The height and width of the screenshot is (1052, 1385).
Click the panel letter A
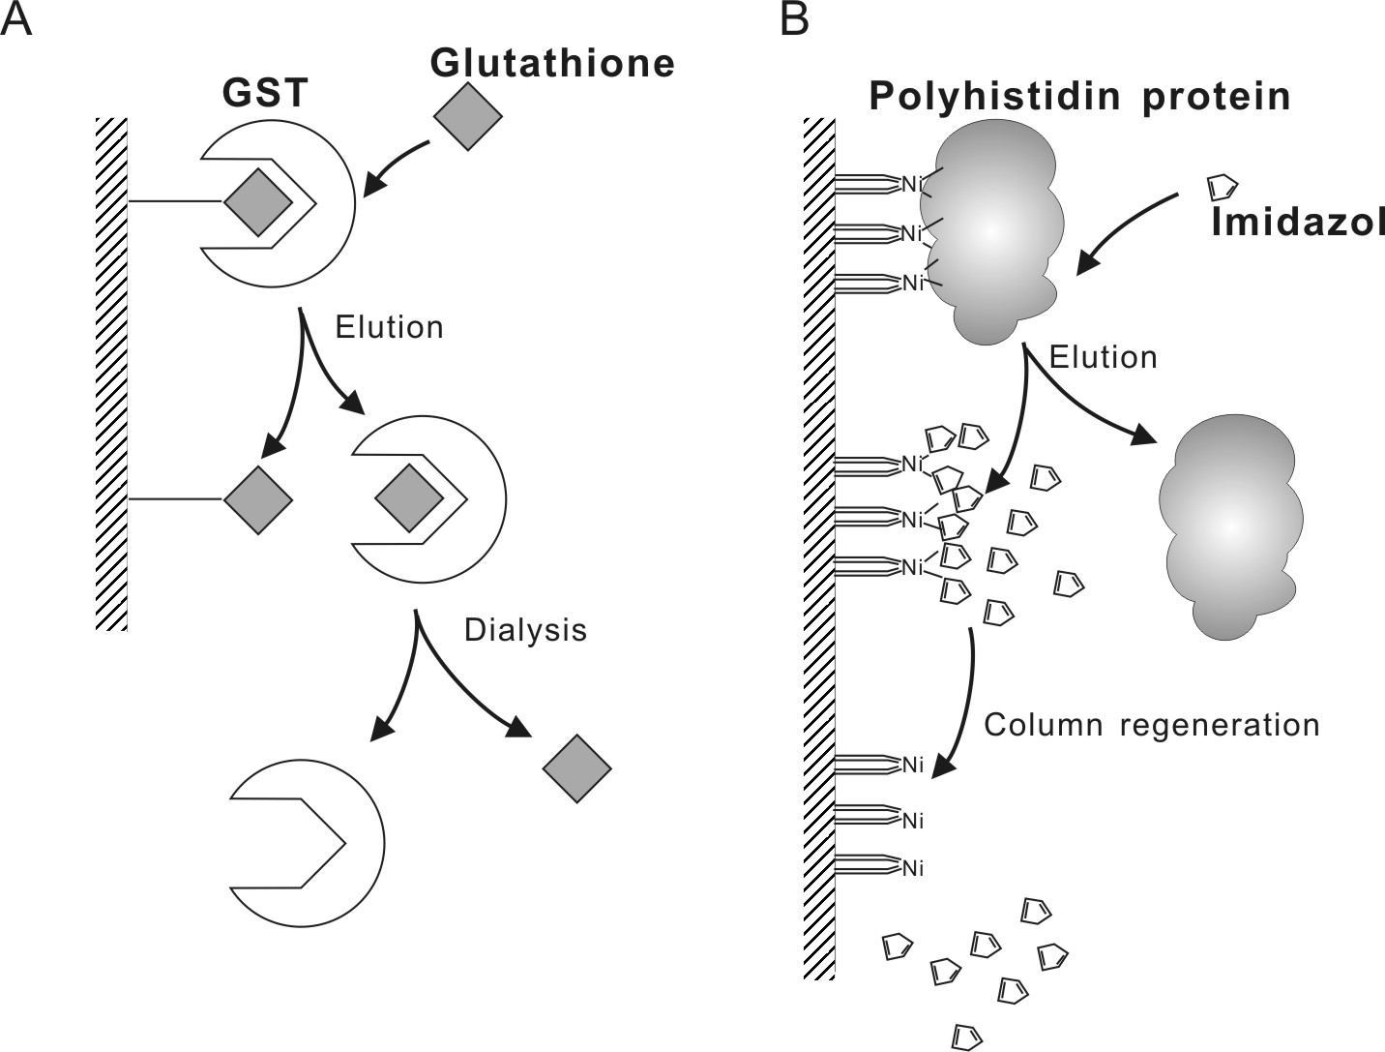(x=15, y=20)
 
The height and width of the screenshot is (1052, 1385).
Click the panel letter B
(x=794, y=20)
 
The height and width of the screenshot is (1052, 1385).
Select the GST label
(x=265, y=93)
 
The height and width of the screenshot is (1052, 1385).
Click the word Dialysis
(x=525, y=630)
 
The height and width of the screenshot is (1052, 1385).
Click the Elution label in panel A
(x=390, y=327)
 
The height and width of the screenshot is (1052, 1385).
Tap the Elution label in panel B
(x=1103, y=357)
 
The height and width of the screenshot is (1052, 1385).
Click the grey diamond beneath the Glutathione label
(x=467, y=116)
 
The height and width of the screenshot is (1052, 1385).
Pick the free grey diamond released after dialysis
(x=577, y=768)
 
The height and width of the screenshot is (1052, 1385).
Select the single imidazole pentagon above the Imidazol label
(x=1223, y=188)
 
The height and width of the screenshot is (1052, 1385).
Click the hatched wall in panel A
(x=111, y=374)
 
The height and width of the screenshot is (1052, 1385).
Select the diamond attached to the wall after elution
(x=258, y=500)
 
